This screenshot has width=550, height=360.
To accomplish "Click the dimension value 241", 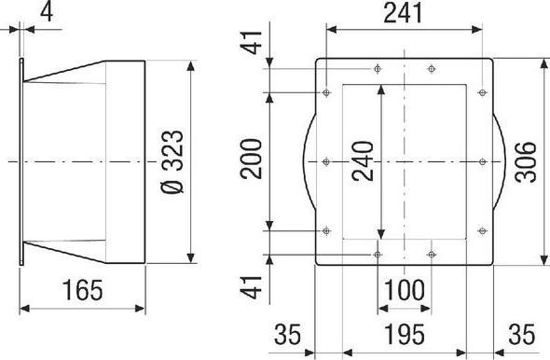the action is click(404, 13).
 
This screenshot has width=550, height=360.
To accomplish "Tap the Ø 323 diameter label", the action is click(172, 162).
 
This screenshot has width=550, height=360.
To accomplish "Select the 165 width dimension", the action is click(83, 291).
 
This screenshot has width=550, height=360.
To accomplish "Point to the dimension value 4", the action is click(47, 13).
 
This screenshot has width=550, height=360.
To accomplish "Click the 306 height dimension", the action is click(526, 161).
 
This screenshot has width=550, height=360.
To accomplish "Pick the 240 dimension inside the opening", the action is click(363, 161).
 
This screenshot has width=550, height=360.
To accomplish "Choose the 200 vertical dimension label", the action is click(251, 159).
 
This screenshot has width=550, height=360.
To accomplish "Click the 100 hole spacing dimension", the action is click(405, 291).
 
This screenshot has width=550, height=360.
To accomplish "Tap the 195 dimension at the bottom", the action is click(405, 335).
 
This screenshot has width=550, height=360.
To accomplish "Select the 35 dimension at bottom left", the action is click(288, 335).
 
